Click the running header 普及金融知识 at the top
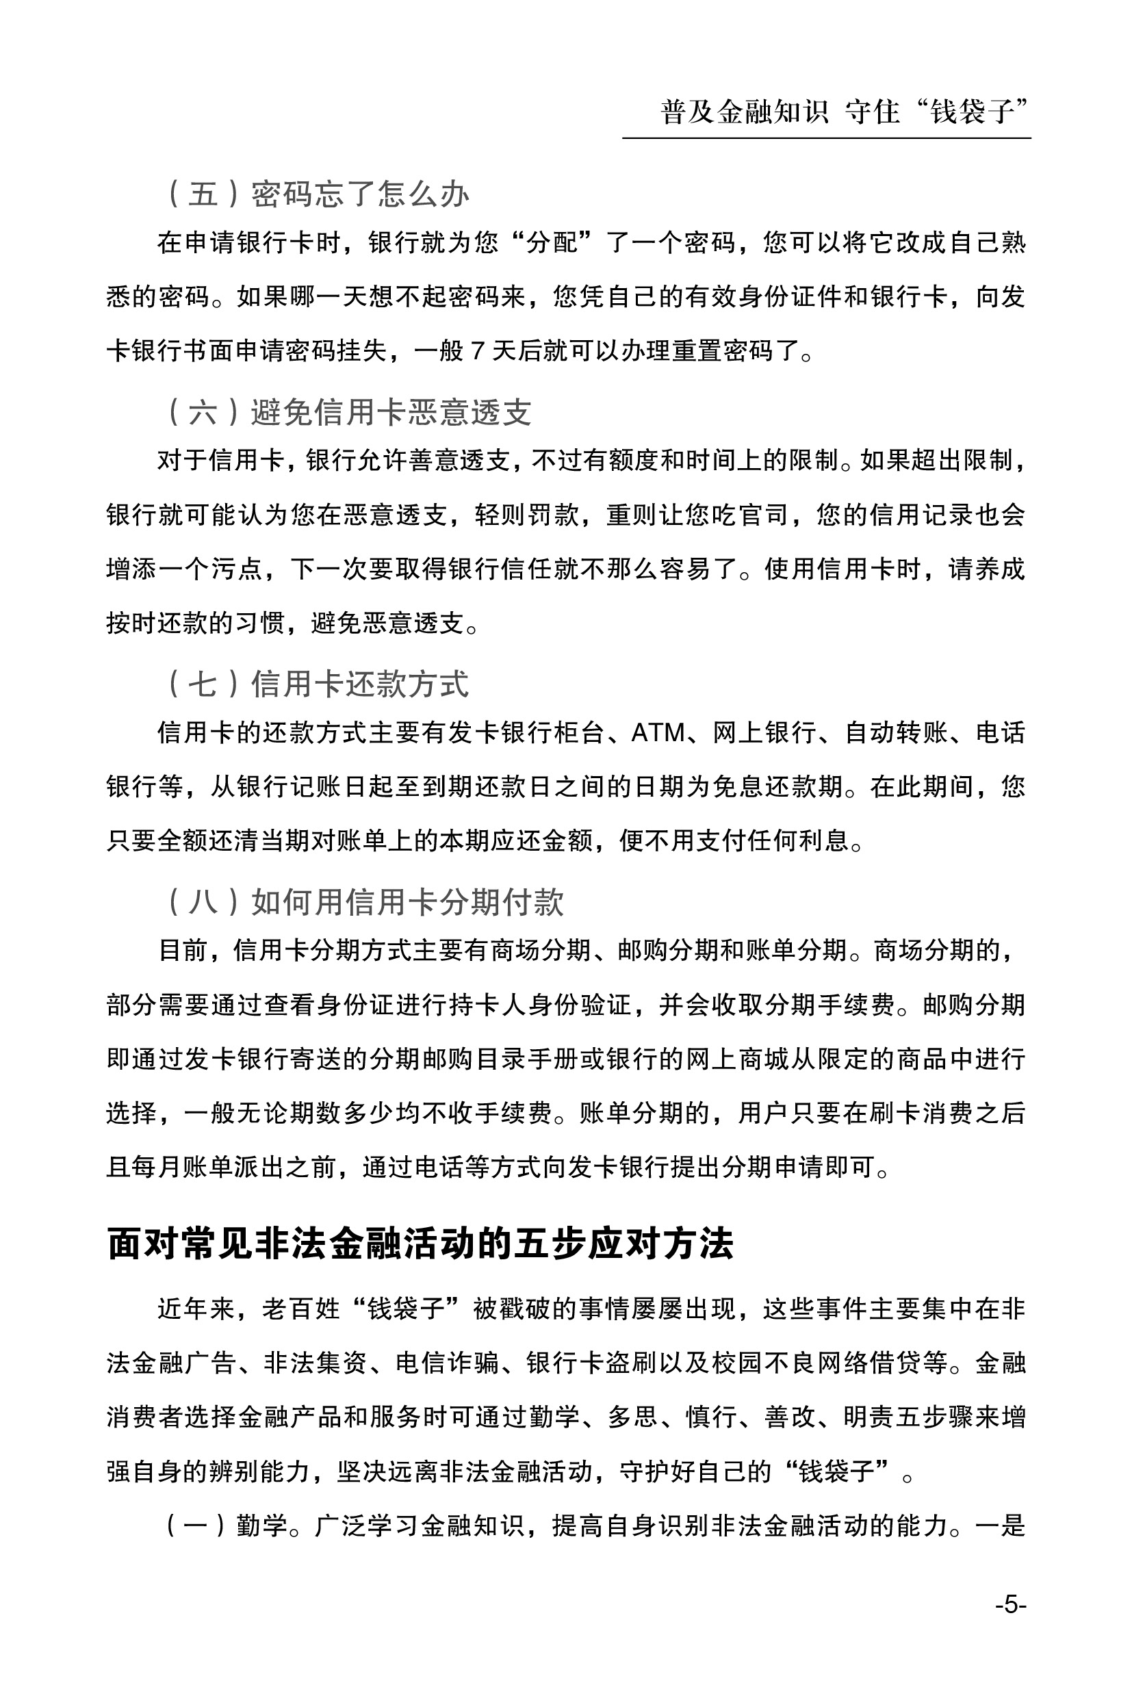click(x=743, y=112)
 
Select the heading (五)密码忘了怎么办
click(x=318, y=194)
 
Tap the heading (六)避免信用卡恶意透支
click(x=350, y=412)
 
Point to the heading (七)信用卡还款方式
click(x=318, y=684)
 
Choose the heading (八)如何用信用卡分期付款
click(x=365, y=902)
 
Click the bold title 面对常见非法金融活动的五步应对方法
click(x=420, y=1243)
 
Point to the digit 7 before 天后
click(x=477, y=351)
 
